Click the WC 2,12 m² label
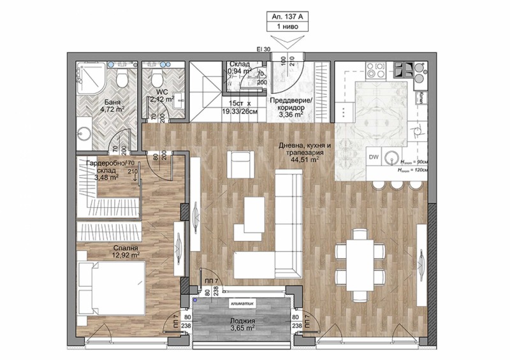click(x=157, y=96)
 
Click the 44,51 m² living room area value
click(x=306, y=161)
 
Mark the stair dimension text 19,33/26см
click(x=240, y=112)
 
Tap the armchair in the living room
click(x=240, y=165)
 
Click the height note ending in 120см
click(x=412, y=171)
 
